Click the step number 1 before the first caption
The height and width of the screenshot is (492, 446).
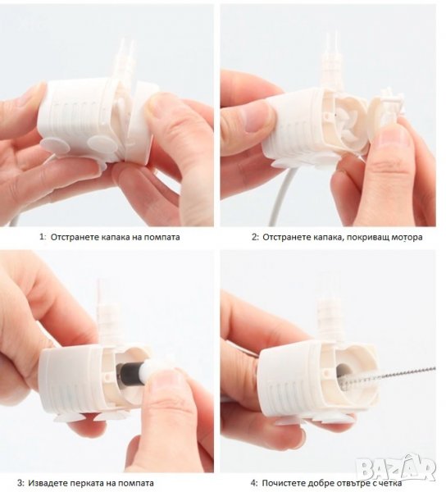(42, 237)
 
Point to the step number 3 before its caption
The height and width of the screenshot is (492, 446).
(20, 483)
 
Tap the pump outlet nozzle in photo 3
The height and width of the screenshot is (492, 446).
(104, 307)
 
